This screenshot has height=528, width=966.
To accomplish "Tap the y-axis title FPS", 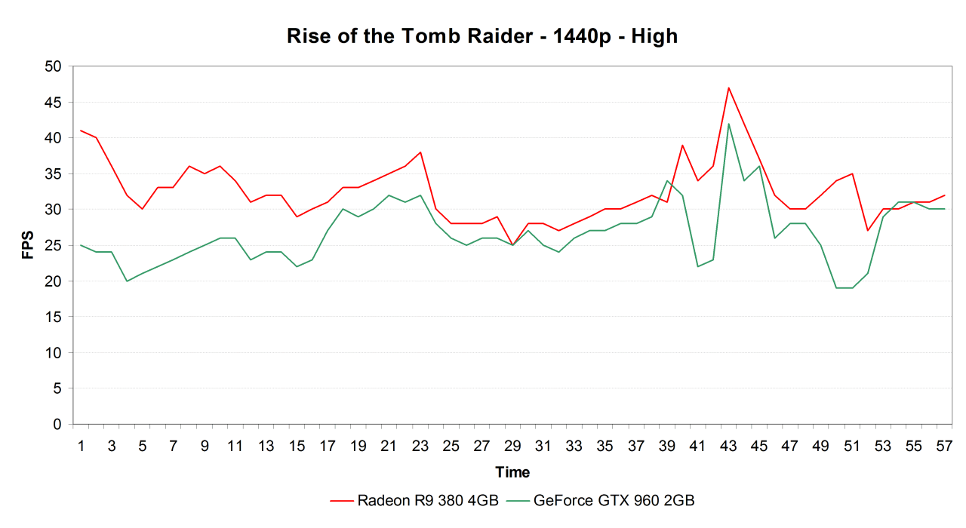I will click(28, 244).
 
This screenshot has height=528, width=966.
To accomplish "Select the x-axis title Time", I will click(512, 472).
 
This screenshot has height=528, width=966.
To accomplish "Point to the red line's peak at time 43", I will click(728, 87).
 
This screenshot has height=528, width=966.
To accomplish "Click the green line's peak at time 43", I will click(728, 124).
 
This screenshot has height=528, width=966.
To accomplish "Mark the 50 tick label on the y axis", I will click(53, 66).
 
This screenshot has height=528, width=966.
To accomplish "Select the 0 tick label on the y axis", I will click(57, 424).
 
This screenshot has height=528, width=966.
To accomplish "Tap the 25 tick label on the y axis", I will click(53, 245).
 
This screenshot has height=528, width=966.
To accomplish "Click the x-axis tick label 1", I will click(81, 446).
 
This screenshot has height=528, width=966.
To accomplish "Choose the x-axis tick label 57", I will click(944, 446).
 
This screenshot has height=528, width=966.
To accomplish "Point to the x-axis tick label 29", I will click(512, 446).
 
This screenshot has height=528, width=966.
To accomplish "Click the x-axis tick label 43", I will click(728, 446).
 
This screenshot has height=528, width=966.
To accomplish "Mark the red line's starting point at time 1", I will click(81, 130).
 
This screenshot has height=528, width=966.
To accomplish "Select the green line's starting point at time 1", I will click(81, 245).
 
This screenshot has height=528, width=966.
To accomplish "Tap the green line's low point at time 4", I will click(127, 281).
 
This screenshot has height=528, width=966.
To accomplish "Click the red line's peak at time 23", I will click(420, 152).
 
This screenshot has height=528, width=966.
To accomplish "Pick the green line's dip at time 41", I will click(697, 266).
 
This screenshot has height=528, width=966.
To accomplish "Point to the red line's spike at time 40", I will click(682, 145).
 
